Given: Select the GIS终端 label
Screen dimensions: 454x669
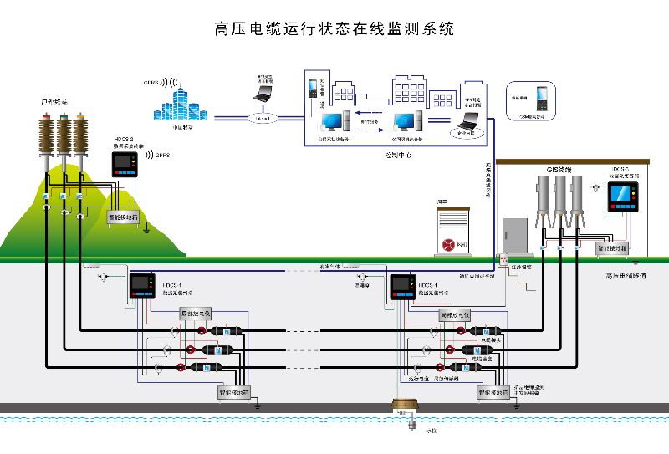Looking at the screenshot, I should click(559, 170).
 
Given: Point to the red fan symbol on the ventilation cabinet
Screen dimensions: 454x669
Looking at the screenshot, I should click(448, 245).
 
